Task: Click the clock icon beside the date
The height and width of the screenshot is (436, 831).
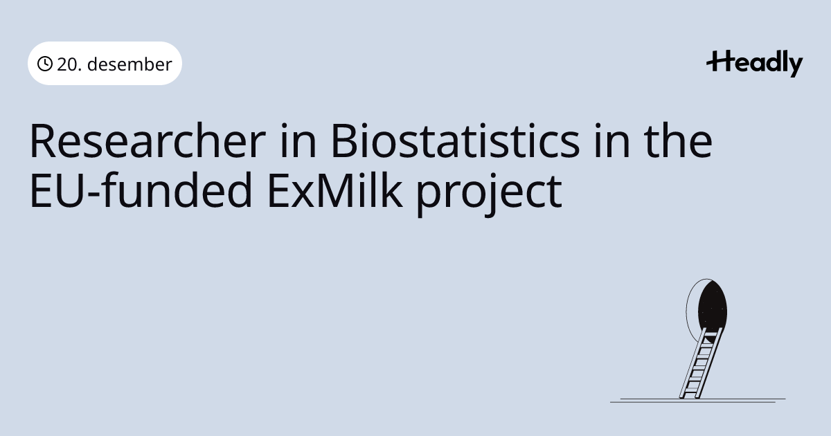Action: pyautogui.click(x=45, y=64)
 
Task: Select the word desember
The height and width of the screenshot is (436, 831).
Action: pyautogui.click(x=129, y=64)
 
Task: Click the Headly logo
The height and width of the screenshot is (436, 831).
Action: pyautogui.click(x=755, y=64)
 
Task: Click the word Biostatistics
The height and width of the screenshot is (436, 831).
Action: pyautogui.click(x=455, y=141)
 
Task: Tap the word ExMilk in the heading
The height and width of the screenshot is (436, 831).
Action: pyautogui.click(x=334, y=190)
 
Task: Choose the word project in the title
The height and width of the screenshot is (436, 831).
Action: pyautogui.click(x=490, y=194)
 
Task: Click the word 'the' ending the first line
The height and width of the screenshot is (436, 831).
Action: pyautogui.click(x=678, y=141)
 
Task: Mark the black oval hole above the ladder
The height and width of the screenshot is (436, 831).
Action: pyautogui.click(x=713, y=307)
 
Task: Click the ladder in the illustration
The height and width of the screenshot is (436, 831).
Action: pyautogui.click(x=701, y=363)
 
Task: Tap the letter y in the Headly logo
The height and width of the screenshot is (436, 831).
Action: pyautogui.click(x=795, y=66)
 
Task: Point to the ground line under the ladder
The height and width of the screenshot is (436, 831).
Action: pyautogui.click(x=698, y=401)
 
